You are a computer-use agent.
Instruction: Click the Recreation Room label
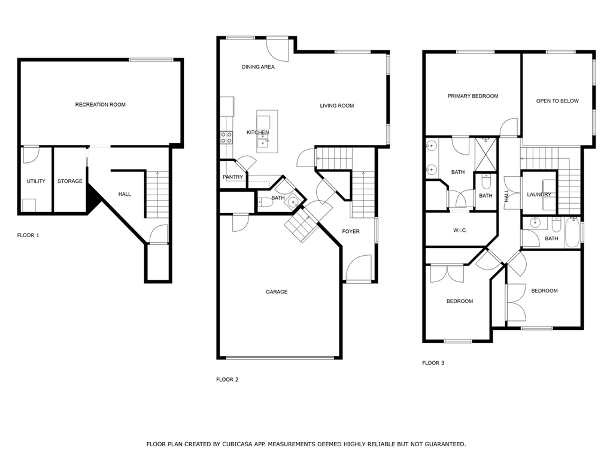pos(101,104)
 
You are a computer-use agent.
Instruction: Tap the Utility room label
pos(36,181)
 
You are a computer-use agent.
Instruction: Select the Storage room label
pos(70,181)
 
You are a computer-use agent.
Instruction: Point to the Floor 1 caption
pos(28,235)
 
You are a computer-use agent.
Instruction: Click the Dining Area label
pos(258,67)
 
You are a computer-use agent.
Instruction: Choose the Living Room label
pos(337,105)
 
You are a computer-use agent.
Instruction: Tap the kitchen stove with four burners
pos(226,137)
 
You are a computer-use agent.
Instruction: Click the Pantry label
pos(233,177)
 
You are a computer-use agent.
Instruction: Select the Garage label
pos(277,292)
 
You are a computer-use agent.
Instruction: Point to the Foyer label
pos(351,232)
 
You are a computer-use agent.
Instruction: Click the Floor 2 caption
pos(227,379)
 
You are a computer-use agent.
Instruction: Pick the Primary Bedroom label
pos(473,96)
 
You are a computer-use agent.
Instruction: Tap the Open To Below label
pos(557,101)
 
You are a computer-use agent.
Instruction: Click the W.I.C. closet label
pos(460,231)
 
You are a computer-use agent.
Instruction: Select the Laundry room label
pos(539,195)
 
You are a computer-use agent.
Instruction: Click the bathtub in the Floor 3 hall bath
pos(573,232)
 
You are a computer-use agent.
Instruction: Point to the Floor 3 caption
pos(433,363)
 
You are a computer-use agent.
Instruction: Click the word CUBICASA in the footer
pos(236,444)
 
